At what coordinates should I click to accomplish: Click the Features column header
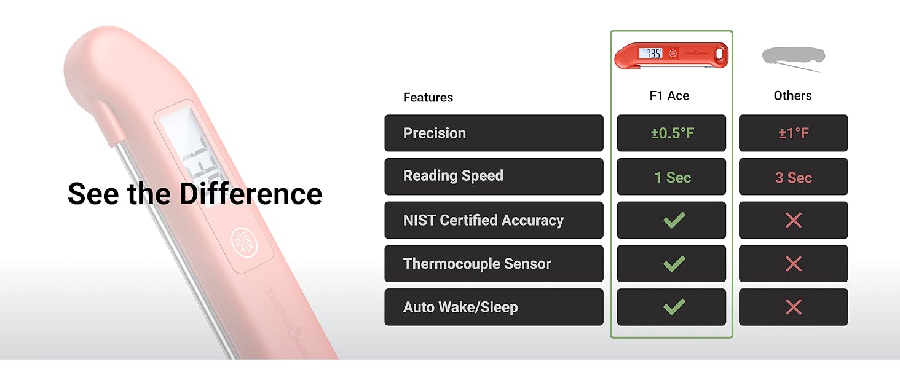coord(428,97)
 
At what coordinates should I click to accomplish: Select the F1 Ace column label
coord(669,96)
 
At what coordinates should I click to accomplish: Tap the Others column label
coord(792,96)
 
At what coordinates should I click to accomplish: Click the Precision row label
coord(435,133)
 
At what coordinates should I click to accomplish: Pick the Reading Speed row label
coord(453,176)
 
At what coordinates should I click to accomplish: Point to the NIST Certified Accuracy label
coord(483,220)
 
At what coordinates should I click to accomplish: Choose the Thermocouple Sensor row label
coord(477,264)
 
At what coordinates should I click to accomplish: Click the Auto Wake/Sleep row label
coord(460,307)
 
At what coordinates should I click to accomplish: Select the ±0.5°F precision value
coord(672,133)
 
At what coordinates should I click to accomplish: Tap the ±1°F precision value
coord(794,133)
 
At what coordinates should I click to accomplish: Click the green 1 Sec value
coord(673,177)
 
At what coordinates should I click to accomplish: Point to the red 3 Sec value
coord(794,177)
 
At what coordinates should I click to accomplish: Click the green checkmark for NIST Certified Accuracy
coord(674,220)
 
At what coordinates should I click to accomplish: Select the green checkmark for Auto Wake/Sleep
coord(674,307)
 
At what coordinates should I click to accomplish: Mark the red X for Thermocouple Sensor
coord(794,264)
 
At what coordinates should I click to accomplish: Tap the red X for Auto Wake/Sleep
coord(794,307)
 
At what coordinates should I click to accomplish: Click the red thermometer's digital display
coord(650,53)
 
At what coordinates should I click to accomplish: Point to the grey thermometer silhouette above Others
coord(794,58)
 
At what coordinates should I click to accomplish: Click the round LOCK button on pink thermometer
coord(244,242)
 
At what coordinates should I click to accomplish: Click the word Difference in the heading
coord(251,194)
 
